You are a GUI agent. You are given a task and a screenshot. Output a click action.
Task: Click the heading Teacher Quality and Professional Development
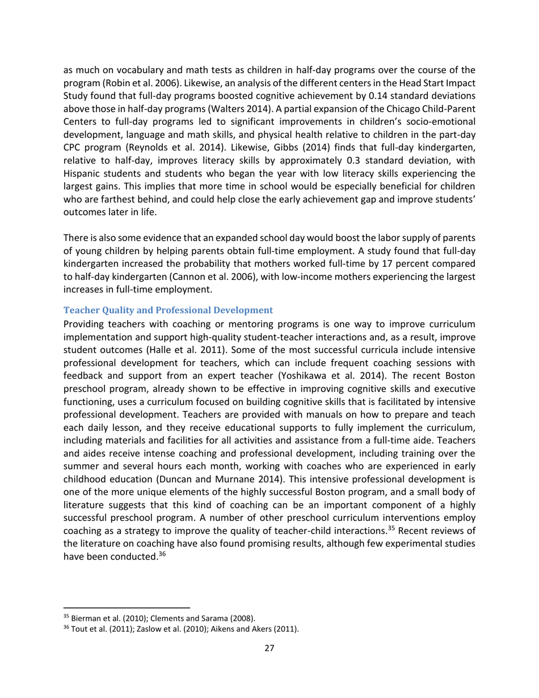169,310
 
